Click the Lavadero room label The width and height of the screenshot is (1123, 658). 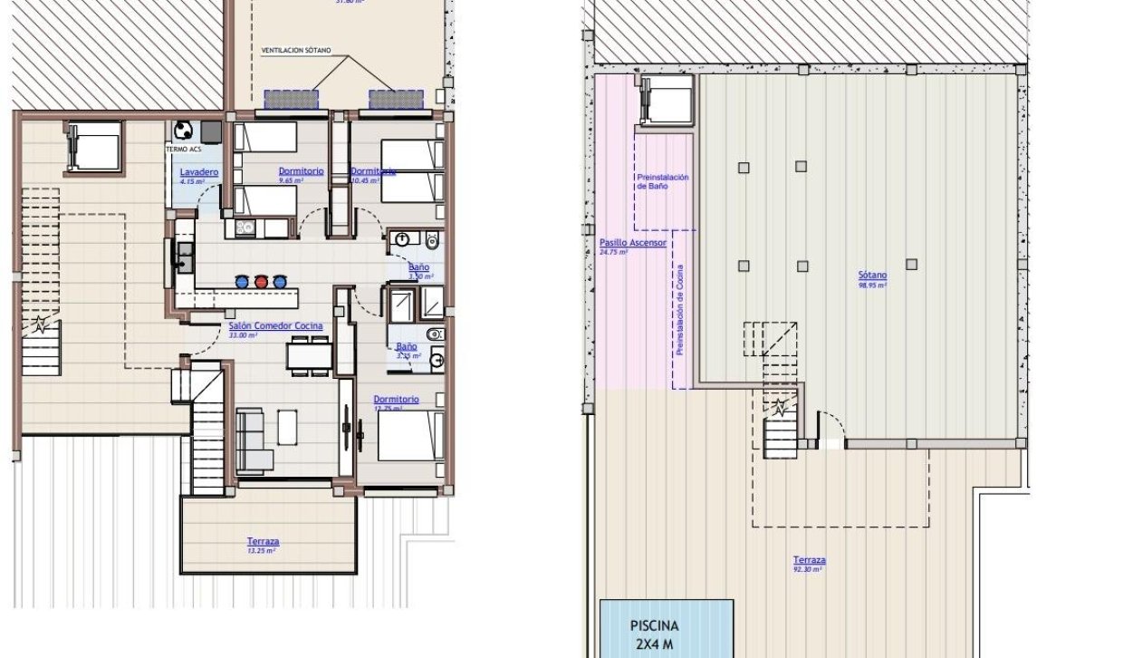click(x=198, y=172)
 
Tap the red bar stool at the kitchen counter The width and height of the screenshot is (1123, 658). click(x=262, y=281)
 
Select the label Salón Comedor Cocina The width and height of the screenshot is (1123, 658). click(x=275, y=326)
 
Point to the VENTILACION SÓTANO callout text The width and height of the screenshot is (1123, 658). click(x=296, y=50)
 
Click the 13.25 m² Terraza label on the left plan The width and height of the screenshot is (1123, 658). click(x=263, y=542)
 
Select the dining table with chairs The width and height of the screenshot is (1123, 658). click(x=309, y=354)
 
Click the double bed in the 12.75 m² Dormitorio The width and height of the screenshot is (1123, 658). click(x=410, y=436)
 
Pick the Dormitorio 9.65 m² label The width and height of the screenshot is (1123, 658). click(x=301, y=170)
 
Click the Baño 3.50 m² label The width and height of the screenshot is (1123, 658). click(x=418, y=267)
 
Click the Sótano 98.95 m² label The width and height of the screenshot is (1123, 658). click(x=872, y=276)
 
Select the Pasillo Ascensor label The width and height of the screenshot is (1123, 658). click(x=632, y=243)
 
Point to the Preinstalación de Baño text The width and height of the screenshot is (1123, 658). click(x=663, y=180)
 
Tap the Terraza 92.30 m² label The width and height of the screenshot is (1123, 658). click(x=809, y=560)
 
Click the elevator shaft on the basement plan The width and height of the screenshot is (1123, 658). click(x=667, y=99)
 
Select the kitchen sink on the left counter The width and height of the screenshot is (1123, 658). click(x=185, y=256)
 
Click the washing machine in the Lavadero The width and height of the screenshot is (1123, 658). click(x=184, y=130)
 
